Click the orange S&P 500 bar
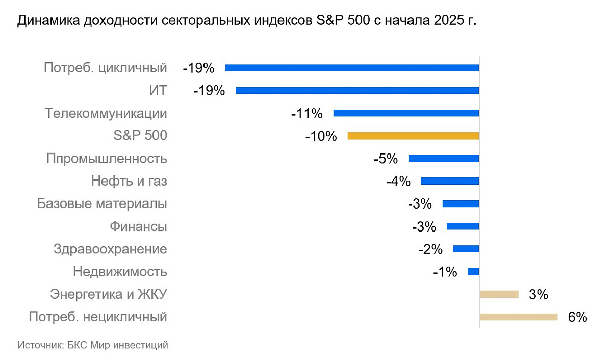[x=413, y=136]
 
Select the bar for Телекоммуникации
[x=406, y=113]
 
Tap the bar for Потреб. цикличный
[x=352, y=68]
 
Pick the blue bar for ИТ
[x=357, y=91]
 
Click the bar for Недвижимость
[x=473, y=272]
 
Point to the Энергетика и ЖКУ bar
[x=499, y=294]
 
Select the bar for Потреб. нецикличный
[x=519, y=317]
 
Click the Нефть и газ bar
[x=450, y=181]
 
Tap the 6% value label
[x=578, y=317]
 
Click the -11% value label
[x=307, y=114]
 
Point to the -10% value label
[x=321, y=136]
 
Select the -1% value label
[x=445, y=272]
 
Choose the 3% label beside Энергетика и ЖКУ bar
[x=538, y=294]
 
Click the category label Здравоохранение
[x=110, y=249]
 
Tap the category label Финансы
[x=139, y=226]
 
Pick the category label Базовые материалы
[x=102, y=204]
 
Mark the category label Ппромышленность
[x=107, y=159]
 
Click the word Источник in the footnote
[x=40, y=345]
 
